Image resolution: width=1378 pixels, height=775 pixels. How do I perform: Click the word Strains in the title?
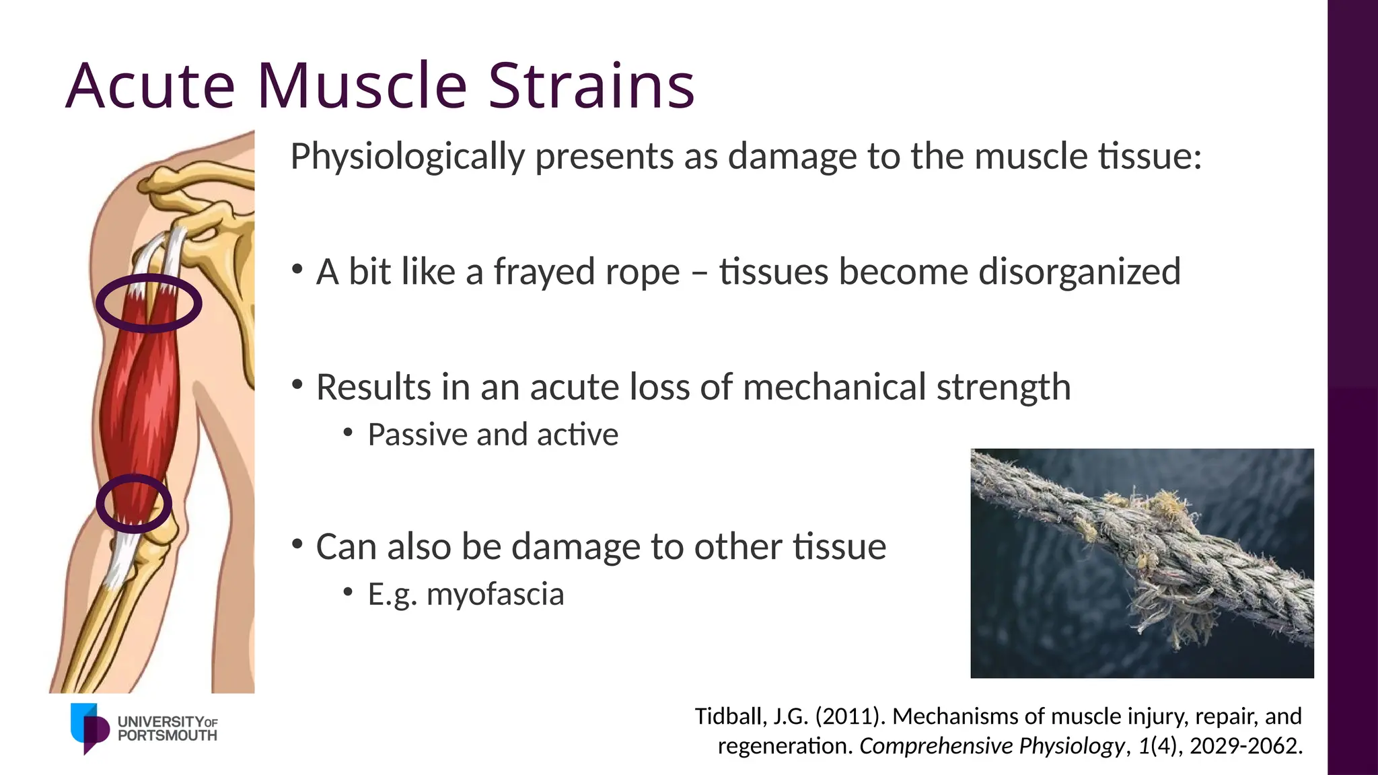pyautogui.click(x=591, y=86)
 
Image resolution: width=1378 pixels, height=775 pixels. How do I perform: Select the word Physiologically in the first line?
pyautogui.click(x=407, y=157)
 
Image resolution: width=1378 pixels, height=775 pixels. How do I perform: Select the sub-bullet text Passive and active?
pyautogui.click(x=493, y=435)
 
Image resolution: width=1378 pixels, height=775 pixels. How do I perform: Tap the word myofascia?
pyautogui.click(x=495, y=594)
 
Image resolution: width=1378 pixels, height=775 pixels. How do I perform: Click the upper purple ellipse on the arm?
pyautogui.click(x=149, y=278)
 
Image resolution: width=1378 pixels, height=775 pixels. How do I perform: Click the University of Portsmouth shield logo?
pyautogui.click(x=89, y=728)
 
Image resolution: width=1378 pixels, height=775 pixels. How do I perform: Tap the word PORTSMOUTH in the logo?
pyautogui.click(x=167, y=736)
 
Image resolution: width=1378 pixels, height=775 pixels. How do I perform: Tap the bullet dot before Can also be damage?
pyautogui.click(x=297, y=544)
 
